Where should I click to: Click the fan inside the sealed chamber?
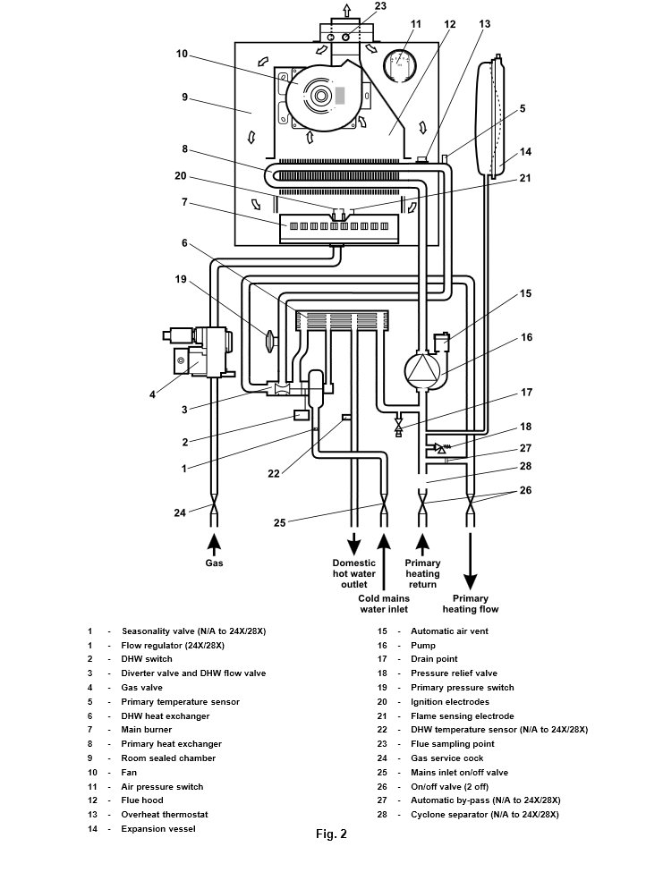pos(319,93)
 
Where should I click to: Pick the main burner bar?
pos(336,226)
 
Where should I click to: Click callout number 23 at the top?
pos(380,7)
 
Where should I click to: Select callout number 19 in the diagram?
pos(182,278)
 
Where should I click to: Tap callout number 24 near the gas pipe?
pos(180,512)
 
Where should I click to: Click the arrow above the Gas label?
pos(214,543)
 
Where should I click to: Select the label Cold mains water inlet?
pos(383,604)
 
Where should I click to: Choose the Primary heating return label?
pos(422,574)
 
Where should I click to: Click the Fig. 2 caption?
pos(331,834)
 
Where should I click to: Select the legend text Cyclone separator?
pos(484,814)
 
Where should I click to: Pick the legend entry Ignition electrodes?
pos(449,702)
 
